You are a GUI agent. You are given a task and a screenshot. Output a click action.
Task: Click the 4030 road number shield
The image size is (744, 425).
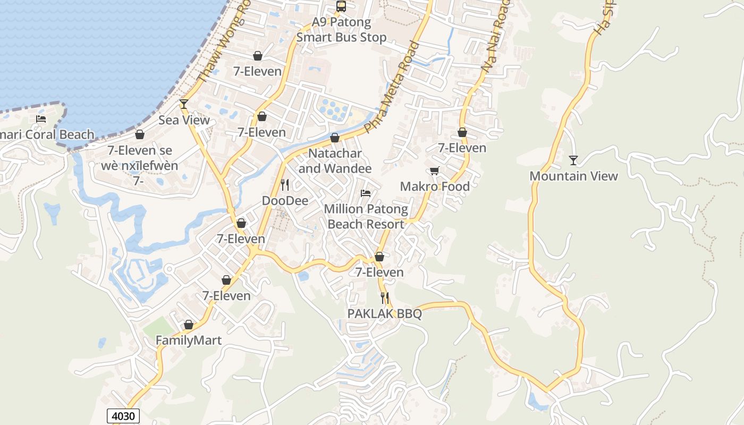(x=123, y=415)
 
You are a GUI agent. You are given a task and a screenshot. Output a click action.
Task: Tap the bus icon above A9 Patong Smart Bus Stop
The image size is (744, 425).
(x=341, y=6)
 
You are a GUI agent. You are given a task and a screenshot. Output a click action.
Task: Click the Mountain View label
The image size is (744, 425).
(x=574, y=176)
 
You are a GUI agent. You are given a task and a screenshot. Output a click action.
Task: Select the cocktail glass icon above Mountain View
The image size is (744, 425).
(x=573, y=160)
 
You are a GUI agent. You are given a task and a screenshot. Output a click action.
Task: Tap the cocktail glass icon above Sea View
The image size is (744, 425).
(x=184, y=104)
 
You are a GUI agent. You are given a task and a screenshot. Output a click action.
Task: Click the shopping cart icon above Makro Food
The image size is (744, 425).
(x=434, y=171)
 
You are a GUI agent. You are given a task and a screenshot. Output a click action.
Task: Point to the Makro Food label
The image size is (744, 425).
(x=435, y=186)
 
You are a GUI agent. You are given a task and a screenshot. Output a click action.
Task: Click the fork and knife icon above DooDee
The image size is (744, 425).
(x=285, y=185)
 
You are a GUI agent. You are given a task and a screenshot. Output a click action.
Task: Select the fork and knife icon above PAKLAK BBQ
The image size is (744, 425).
(x=385, y=298)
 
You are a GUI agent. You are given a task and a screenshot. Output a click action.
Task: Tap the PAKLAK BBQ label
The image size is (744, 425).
(x=385, y=314)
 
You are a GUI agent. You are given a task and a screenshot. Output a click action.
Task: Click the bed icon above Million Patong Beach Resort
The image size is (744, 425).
(x=366, y=193)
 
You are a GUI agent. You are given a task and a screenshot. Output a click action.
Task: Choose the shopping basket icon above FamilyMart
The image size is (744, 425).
(x=189, y=325)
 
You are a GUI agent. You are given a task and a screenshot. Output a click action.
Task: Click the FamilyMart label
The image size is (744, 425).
(x=189, y=341)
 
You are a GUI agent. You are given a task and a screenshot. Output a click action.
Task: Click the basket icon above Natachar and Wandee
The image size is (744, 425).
(x=335, y=138)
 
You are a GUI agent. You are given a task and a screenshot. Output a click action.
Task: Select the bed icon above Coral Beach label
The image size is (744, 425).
(x=41, y=119)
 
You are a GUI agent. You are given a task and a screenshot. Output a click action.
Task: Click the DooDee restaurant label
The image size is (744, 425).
(x=285, y=201)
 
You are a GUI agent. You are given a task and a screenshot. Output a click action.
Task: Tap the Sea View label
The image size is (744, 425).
(x=184, y=120)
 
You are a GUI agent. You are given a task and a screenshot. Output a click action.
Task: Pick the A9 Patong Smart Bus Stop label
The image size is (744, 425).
(x=341, y=30)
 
